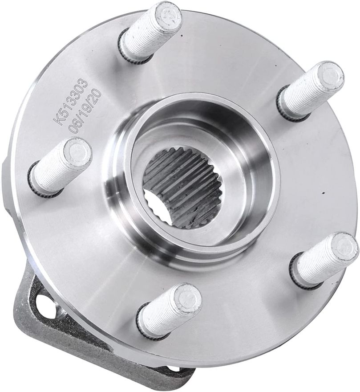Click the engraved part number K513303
tap(71, 101)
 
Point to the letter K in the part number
tap(57, 119)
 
